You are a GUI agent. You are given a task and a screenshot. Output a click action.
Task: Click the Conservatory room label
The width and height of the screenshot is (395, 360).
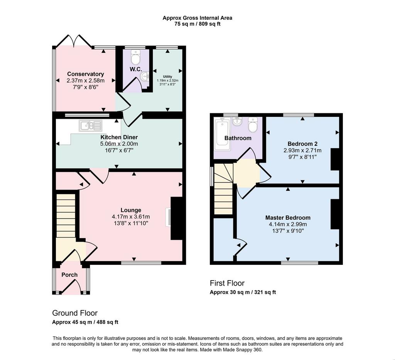[x=85, y=74]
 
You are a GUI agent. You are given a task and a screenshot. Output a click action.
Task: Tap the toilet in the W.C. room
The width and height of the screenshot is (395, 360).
[x=135, y=57]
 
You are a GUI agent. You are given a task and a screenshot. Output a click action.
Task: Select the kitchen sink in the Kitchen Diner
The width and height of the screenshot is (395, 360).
[x=90, y=126]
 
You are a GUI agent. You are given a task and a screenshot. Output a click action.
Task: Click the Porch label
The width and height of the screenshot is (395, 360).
[x=69, y=275]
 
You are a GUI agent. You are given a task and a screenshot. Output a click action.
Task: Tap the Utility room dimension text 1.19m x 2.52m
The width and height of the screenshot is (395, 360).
[x=167, y=81]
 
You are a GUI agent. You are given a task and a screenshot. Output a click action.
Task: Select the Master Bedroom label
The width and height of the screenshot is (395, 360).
[x=288, y=217]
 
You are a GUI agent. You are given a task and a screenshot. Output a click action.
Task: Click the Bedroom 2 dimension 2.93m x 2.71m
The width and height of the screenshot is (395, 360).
[x=302, y=151]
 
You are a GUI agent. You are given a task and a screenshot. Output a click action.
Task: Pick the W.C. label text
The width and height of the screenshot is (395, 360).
[x=136, y=69]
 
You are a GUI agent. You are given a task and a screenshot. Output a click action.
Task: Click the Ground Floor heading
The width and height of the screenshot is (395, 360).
[x=75, y=313]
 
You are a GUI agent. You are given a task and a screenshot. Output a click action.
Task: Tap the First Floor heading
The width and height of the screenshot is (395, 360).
[x=227, y=283]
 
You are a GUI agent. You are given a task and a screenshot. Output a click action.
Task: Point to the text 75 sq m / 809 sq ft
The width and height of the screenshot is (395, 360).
[x=197, y=24]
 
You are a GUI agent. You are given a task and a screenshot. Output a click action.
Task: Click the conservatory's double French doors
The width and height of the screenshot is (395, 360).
[x=74, y=41]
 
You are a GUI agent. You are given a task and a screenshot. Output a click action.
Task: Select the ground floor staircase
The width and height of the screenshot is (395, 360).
[x=66, y=215]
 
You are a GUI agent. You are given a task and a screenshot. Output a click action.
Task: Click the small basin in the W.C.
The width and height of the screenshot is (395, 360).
[x=145, y=76]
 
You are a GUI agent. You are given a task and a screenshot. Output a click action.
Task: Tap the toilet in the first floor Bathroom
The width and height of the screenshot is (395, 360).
[x=252, y=124]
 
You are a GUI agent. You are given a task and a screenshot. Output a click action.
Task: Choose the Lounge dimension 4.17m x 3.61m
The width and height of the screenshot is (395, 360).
[x=131, y=217]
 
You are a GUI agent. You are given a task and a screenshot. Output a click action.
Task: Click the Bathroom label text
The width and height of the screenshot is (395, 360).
[x=238, y=138]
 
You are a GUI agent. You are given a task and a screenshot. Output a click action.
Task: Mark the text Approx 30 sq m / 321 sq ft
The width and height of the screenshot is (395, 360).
[x=243, y=292]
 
